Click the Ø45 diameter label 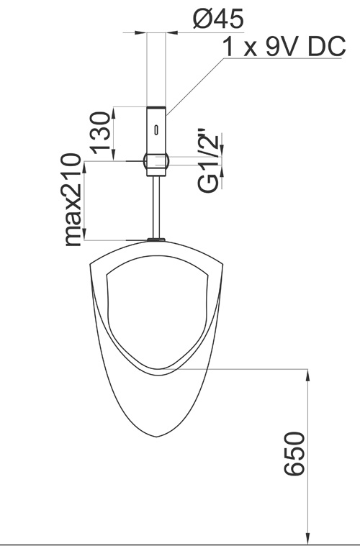pyautogui.click(x=218, y=19)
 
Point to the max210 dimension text pyautogui.click(x=73, y=199)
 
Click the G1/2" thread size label pyautogui.click(x=208, y=161)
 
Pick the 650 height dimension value pyautogui.click(x=294, y=454)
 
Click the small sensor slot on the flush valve pyautogui.click(x=156, y=129)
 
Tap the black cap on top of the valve pyautogui.click(x=156, y=107)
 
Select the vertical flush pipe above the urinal pyautogui.click(x=156, y=207)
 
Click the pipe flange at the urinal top pyautogui.click(x=156, y=240)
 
